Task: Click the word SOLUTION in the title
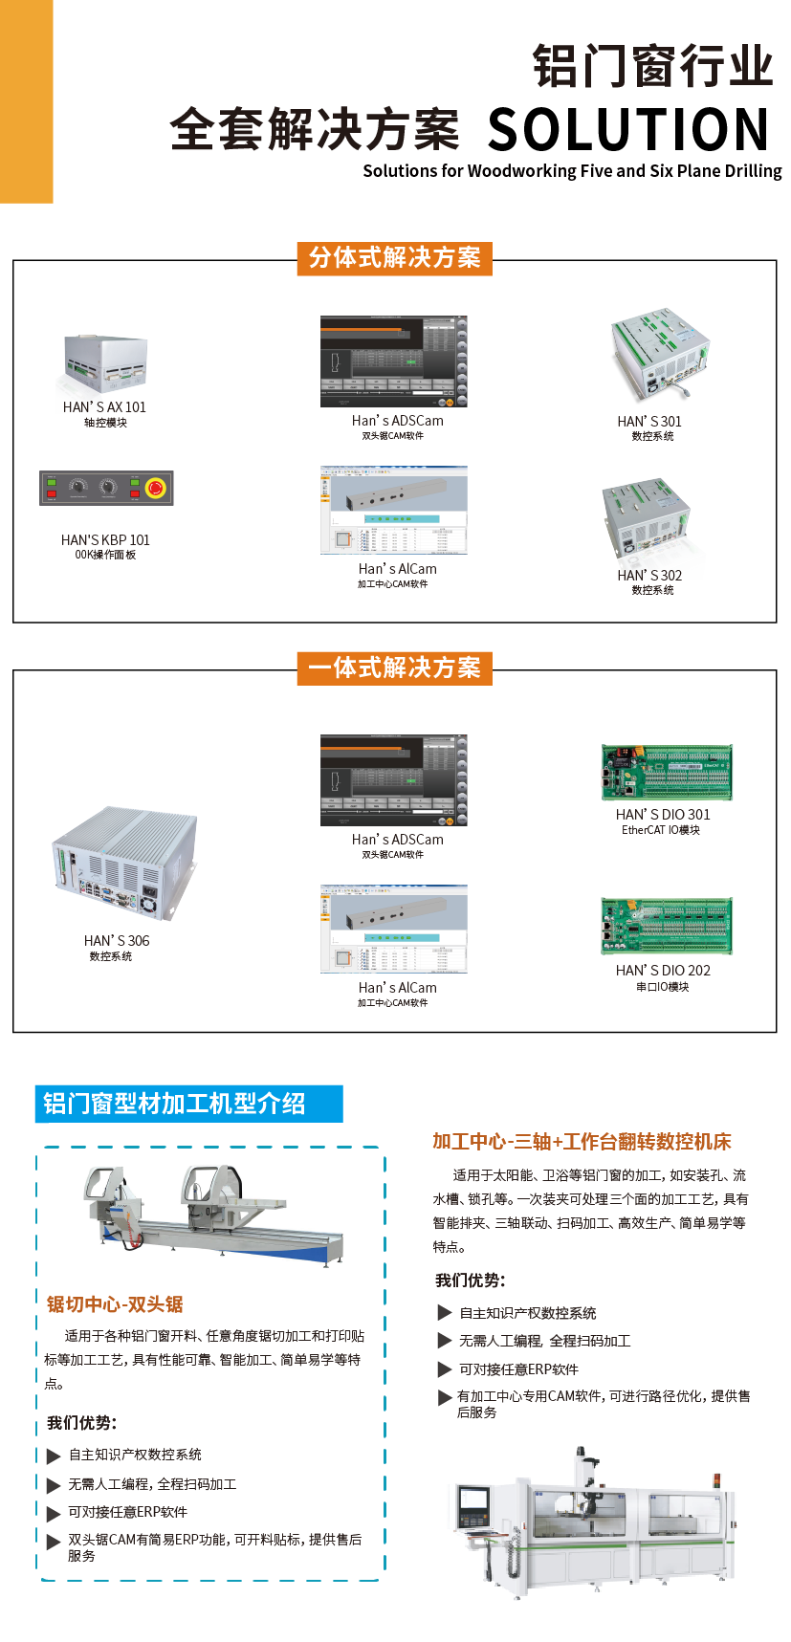[x=627, y=130]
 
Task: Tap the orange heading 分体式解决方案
[x=394, y=258]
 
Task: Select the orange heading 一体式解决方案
[x=394, y=668]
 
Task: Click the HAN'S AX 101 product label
[x=104, y=407]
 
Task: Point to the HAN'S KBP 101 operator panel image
[x=106, y=488]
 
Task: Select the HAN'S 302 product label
[x=649, y=575]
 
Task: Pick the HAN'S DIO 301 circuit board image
[x=667, y=773]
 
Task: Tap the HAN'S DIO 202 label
[x=663, y=971]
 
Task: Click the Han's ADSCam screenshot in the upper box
[x=394, y=361]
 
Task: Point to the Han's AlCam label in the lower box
[x=397, y=988]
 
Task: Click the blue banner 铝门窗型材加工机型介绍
[x=188, y=1104]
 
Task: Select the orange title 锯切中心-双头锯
[x=115, y=1304]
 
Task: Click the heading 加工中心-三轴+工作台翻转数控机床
[x=582, y=1141]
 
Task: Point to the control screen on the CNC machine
[x=472, y=1504]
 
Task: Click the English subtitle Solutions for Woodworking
[x=572, y=171]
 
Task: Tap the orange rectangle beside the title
[x=27, y=101]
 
